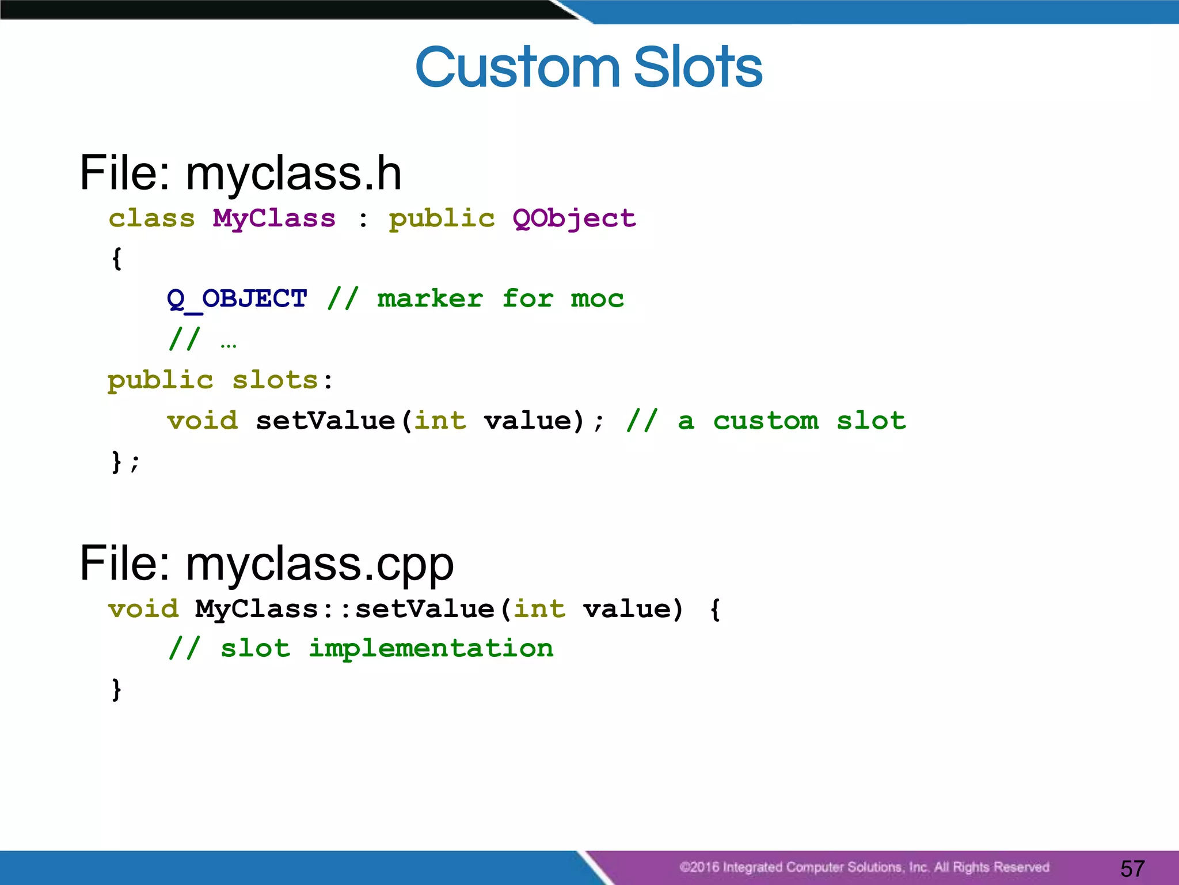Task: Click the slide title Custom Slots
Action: [588, 68]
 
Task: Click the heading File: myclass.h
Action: [240, 173]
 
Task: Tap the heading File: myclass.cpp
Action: [266, 563]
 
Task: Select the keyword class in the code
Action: [152, 219]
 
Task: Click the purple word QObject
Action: [574, 219]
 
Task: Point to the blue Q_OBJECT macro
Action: [237, 299]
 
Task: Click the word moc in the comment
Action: [597, 299]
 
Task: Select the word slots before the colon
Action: [275, 380]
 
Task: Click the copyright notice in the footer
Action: [864, 867]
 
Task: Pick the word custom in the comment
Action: [766, 421]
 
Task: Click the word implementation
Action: [431, 649]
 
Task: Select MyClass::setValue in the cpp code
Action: [344, 609]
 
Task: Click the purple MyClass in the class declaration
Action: [274, 219]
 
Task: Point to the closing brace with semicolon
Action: [124, 462]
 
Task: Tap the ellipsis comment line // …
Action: [202, 340]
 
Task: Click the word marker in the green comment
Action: [429, 299]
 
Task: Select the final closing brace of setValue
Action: [116, 689]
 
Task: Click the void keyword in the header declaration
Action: [202, 421]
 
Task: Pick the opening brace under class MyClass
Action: [116, 259]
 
